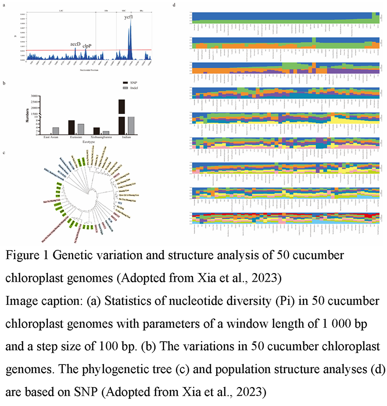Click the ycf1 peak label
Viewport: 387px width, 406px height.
click(128, 17)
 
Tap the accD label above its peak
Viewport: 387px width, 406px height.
click(75, 43)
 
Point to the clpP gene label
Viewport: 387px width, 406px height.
click(87, 46)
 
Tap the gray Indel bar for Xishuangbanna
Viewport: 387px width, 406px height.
click(106, 132)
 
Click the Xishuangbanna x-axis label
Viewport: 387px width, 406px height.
click(101, 138)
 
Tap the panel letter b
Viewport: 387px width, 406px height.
click(4, 84)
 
